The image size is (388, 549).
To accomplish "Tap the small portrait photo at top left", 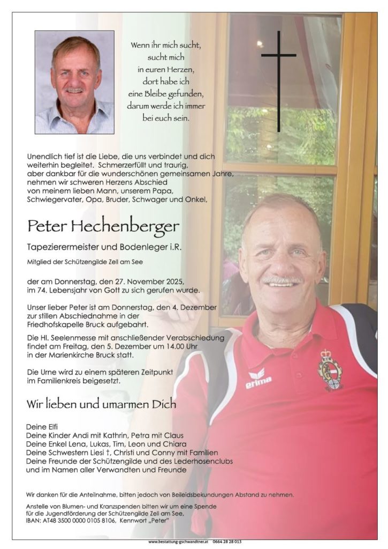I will pos(74,82).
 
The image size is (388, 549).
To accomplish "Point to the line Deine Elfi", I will pos(42,426).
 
